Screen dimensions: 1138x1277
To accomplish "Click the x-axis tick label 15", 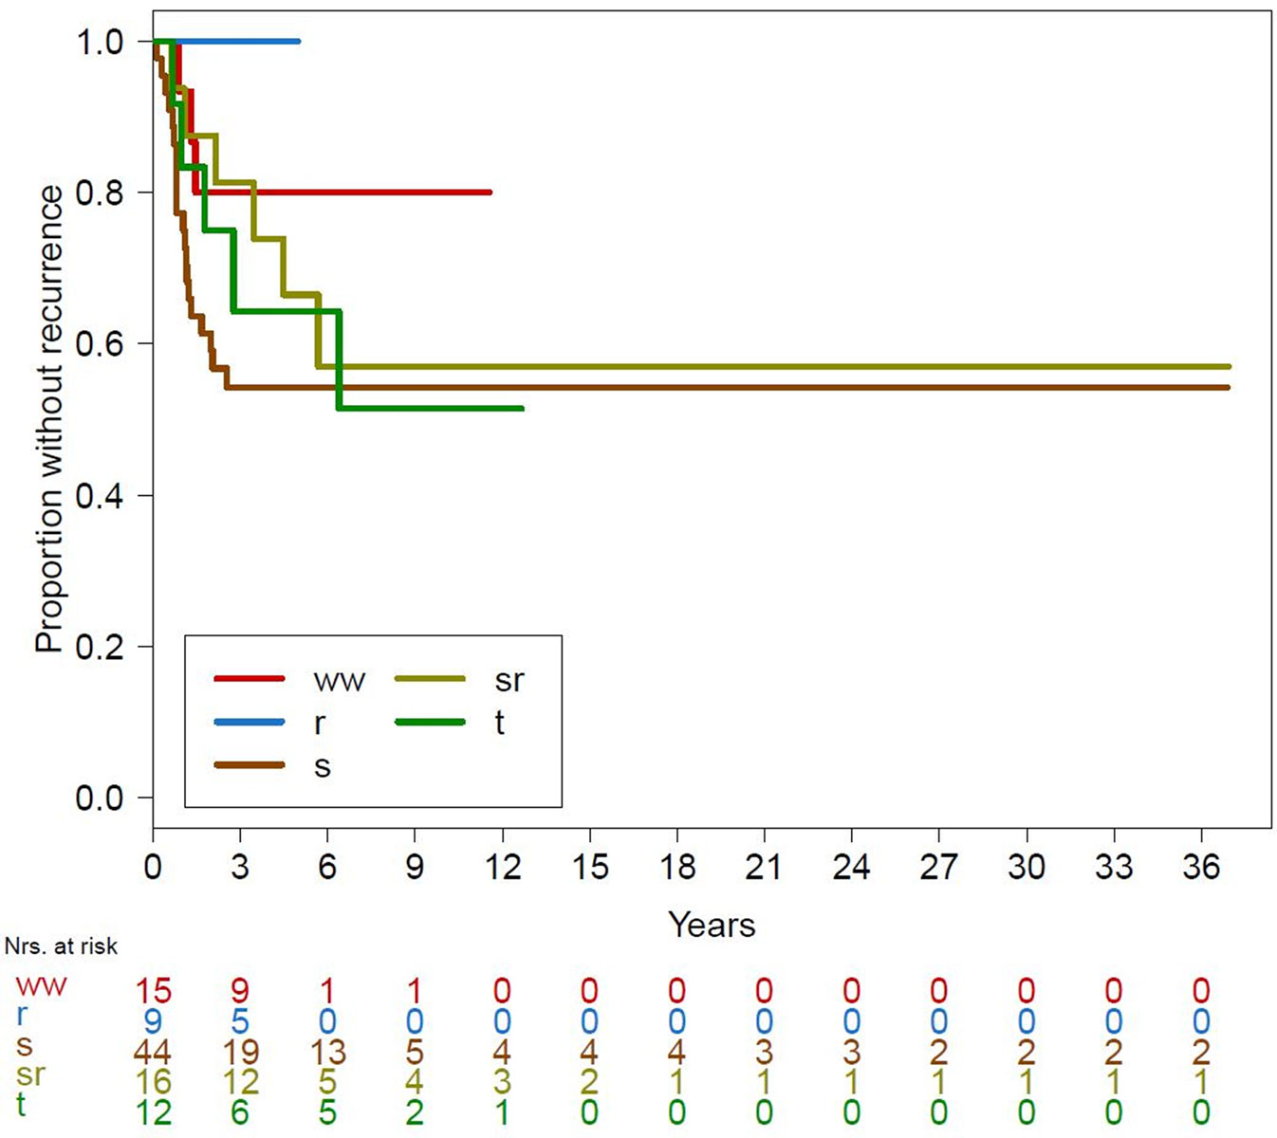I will click(589, 867).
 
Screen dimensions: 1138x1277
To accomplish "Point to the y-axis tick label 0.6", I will click(100, 343).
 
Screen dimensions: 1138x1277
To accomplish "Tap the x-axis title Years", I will click(712, 925).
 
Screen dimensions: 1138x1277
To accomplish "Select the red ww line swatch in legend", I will click(249, 679).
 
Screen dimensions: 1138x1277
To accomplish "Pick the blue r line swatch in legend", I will click(249, 723).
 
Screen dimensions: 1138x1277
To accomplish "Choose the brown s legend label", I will click(323, 766).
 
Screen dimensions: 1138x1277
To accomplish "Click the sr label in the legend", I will click(509, 679).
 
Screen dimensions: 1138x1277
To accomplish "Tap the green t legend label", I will click(499, 723).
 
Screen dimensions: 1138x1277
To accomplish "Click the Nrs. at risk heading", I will click(61, 946).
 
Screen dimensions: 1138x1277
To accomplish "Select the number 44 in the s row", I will click(152, 1053).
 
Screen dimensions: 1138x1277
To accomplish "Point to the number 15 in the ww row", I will click(152, 992).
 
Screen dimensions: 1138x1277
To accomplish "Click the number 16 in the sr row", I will click(152, 1082).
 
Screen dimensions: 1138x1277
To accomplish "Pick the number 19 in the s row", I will click(239, 1053).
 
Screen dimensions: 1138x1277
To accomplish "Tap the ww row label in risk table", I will click(41, 986).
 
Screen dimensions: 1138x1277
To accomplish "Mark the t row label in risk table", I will click(21, 1105).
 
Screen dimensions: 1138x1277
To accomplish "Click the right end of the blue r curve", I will click(299, 42).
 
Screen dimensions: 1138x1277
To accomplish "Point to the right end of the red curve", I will click(490, 193).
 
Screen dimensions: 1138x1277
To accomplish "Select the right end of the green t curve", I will click(522, 409).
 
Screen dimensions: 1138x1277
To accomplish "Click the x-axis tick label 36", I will click(1200, 867).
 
